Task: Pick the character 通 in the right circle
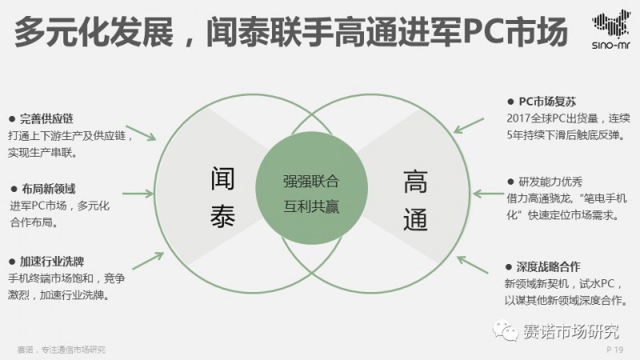[415, 218]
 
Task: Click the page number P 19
[615, 350]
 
